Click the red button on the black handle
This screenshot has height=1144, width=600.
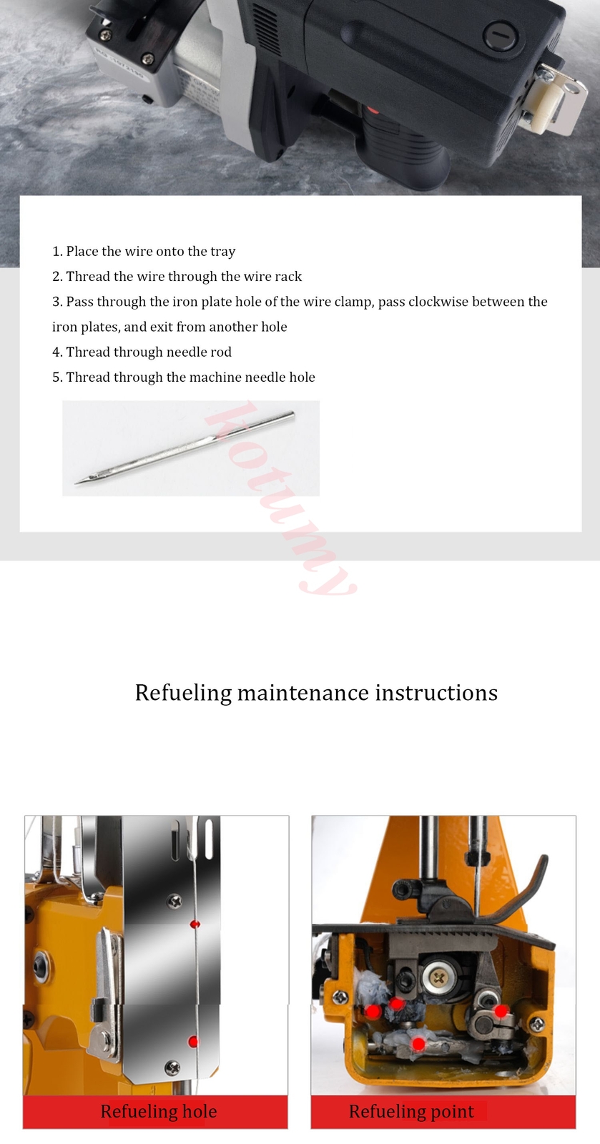tap(371, 111)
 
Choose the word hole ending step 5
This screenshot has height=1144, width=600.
tap(302, 377)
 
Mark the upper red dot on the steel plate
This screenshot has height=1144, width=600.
tap(194, 924)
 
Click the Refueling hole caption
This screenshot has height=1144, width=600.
tap(158, 1111)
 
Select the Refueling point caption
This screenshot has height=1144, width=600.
tap(410, 1111)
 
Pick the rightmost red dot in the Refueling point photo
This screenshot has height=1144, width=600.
tap(501, 1010)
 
